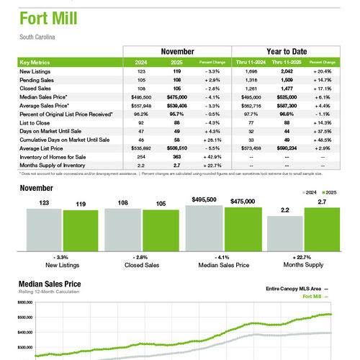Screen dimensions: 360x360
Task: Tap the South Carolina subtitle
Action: [38, 36]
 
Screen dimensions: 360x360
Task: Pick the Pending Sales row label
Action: [39, 80]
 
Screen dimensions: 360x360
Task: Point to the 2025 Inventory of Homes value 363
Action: [176, 156]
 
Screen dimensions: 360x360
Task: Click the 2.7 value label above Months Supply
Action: [321, 203]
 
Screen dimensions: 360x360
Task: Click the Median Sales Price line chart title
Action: [51, 283]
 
